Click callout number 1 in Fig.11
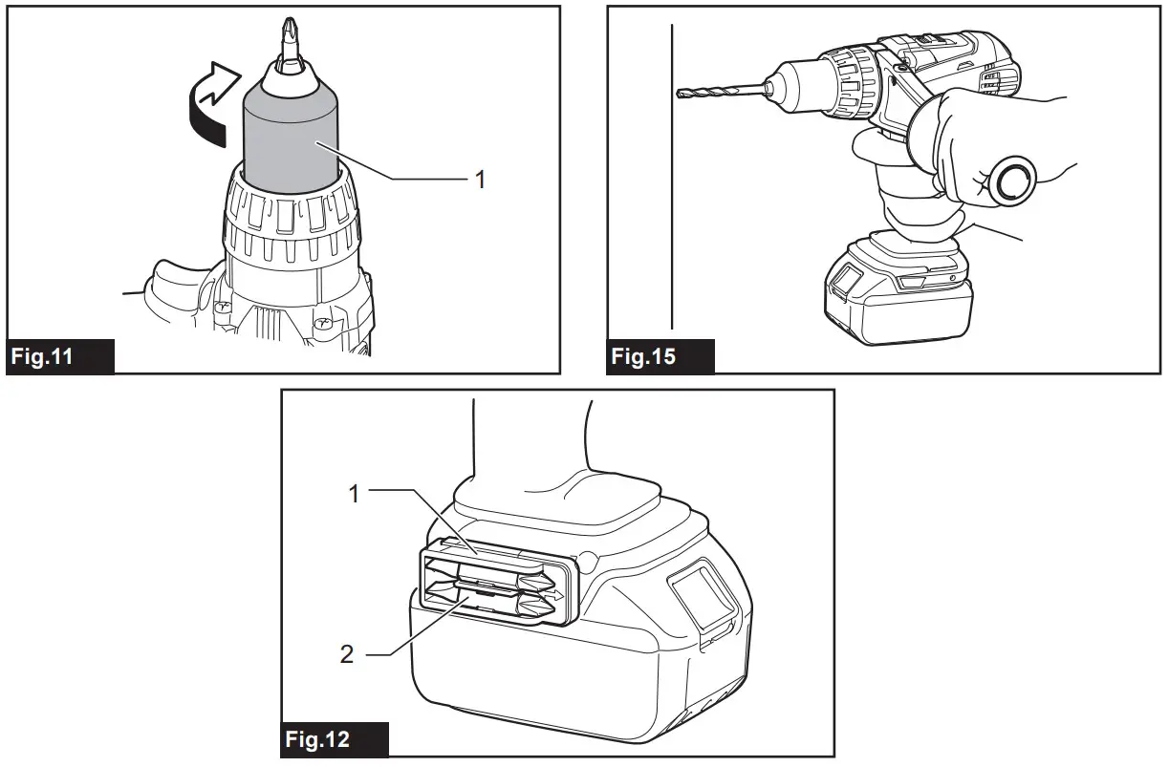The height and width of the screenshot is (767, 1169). [481, 179]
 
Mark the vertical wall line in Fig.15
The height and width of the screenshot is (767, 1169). [674, 191]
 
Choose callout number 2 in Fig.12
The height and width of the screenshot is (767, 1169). [346, 654]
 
